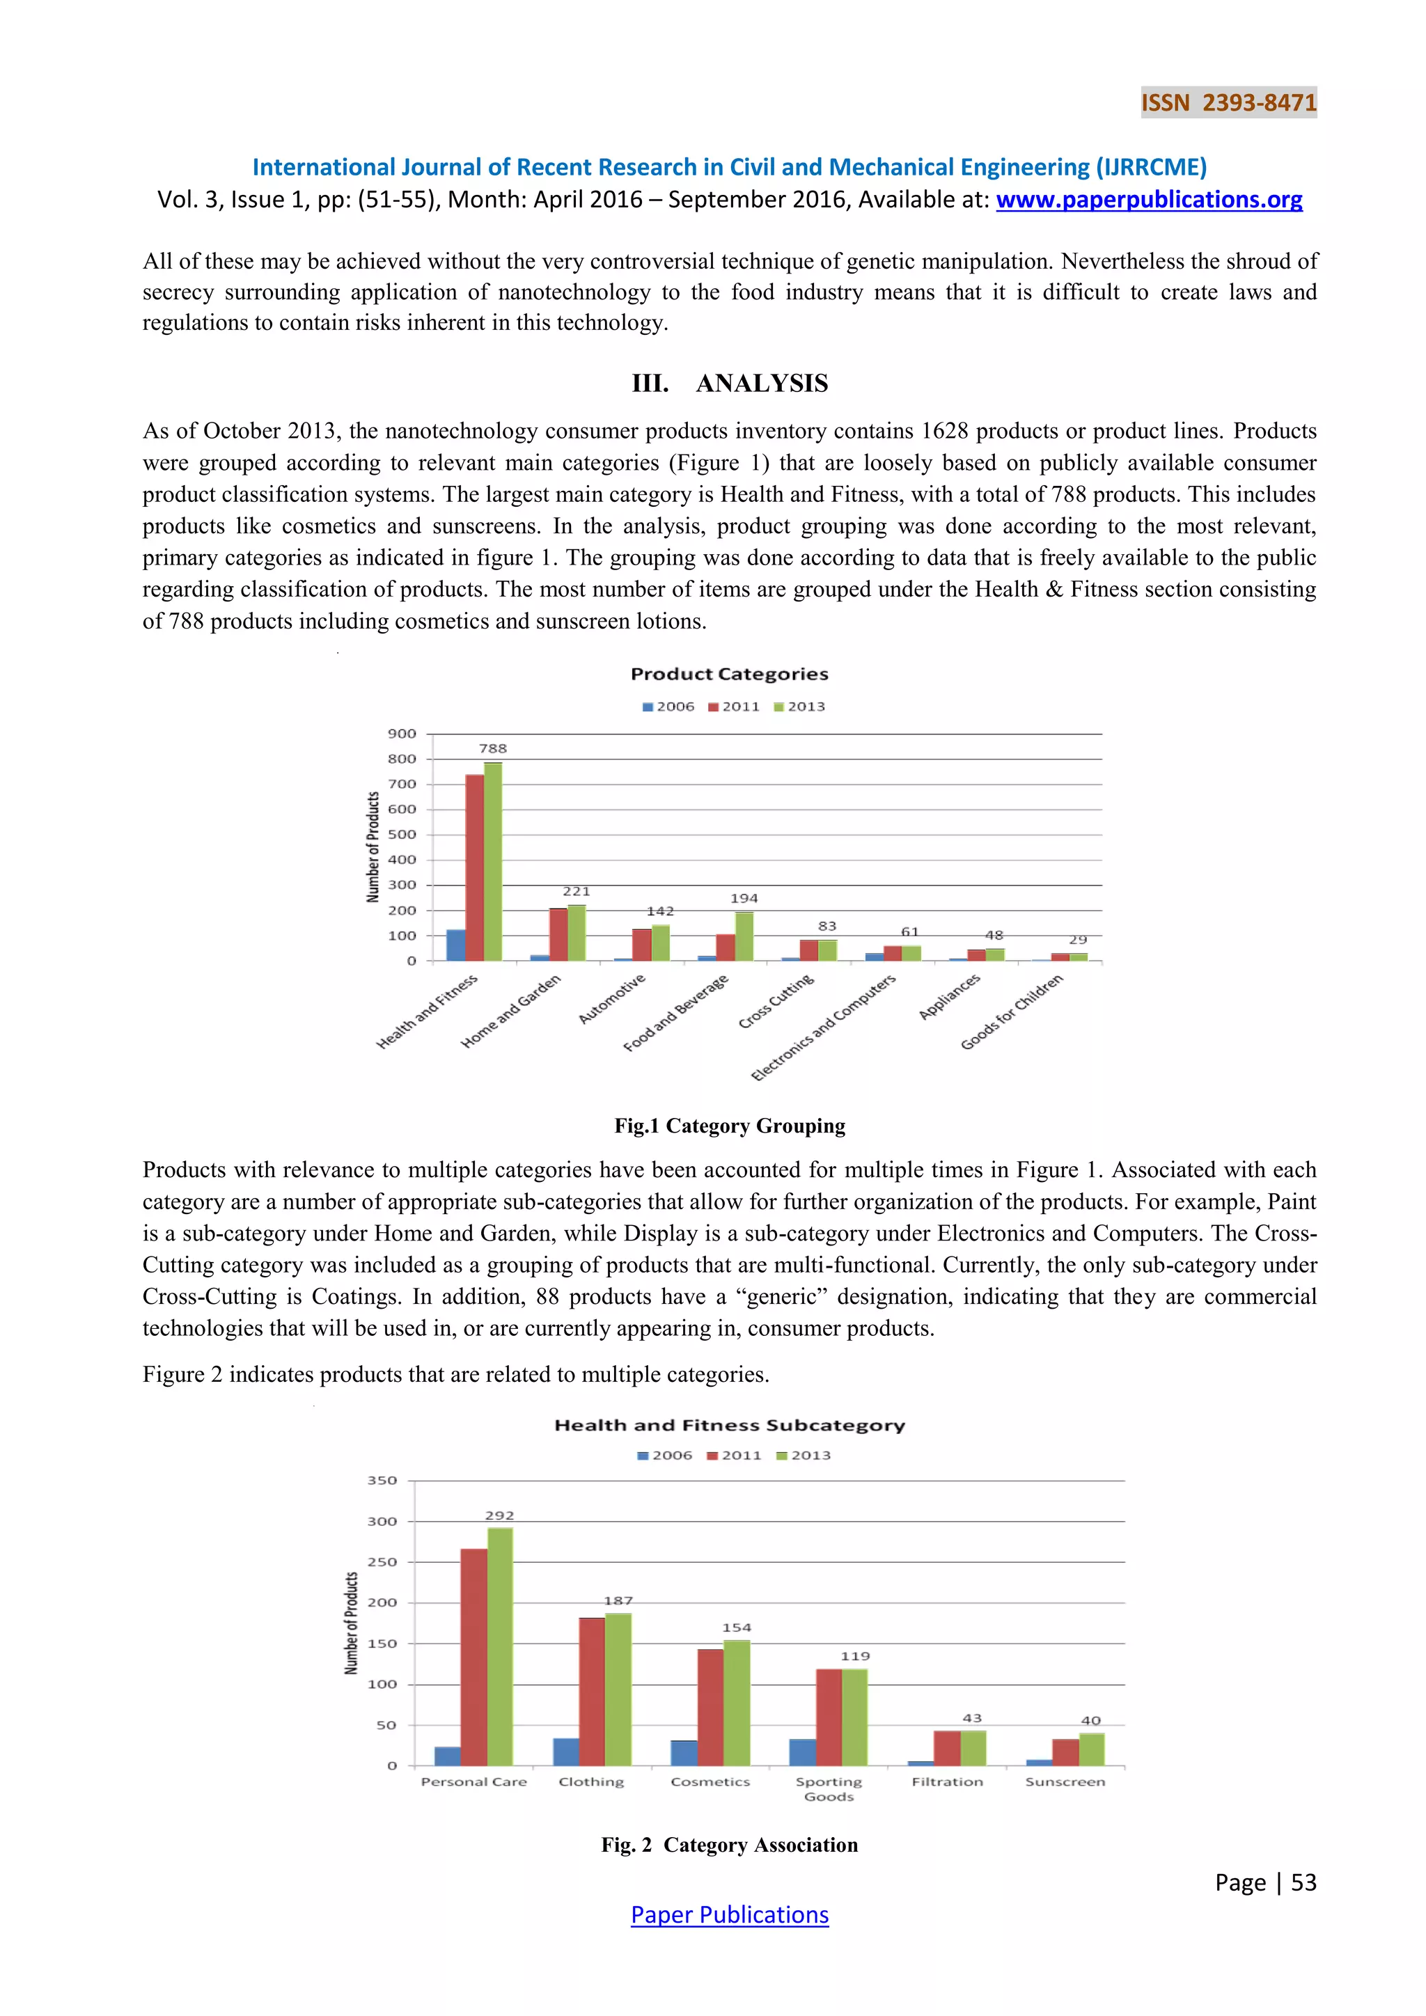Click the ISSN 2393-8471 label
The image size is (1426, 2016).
1228,103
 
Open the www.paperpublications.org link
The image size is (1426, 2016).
1148,200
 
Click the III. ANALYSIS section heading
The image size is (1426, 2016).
730,384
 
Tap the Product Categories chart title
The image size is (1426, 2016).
729,675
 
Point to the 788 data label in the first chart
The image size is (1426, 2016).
492,749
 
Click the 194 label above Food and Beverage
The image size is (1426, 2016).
744,898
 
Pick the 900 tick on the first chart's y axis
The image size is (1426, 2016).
402,734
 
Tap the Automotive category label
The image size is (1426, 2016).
612,998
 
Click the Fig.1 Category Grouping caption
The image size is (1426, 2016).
730,1126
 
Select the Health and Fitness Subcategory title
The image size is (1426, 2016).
729,1426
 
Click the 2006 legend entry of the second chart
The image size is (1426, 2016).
665,1456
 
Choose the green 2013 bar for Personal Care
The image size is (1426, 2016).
500,1646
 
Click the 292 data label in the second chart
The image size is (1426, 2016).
500,1515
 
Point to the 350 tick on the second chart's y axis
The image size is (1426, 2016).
382,1481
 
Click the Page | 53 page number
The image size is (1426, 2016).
1265,1882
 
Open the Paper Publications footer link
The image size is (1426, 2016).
730,1916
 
